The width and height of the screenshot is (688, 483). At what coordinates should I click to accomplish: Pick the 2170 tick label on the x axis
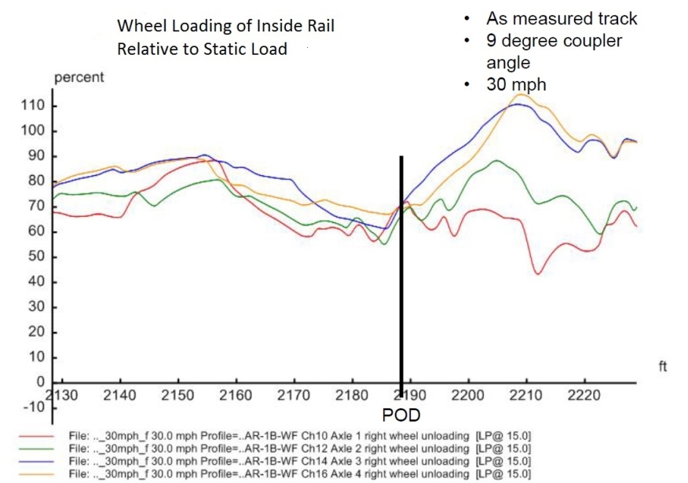click(294, 394)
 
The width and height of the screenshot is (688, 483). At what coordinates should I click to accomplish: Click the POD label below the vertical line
click(401, 415)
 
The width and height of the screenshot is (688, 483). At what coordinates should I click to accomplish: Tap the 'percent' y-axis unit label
click(79, 79)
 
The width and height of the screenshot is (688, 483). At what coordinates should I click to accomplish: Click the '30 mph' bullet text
click(516, 84)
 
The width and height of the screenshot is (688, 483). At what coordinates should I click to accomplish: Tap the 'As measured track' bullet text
click(551, 19)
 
